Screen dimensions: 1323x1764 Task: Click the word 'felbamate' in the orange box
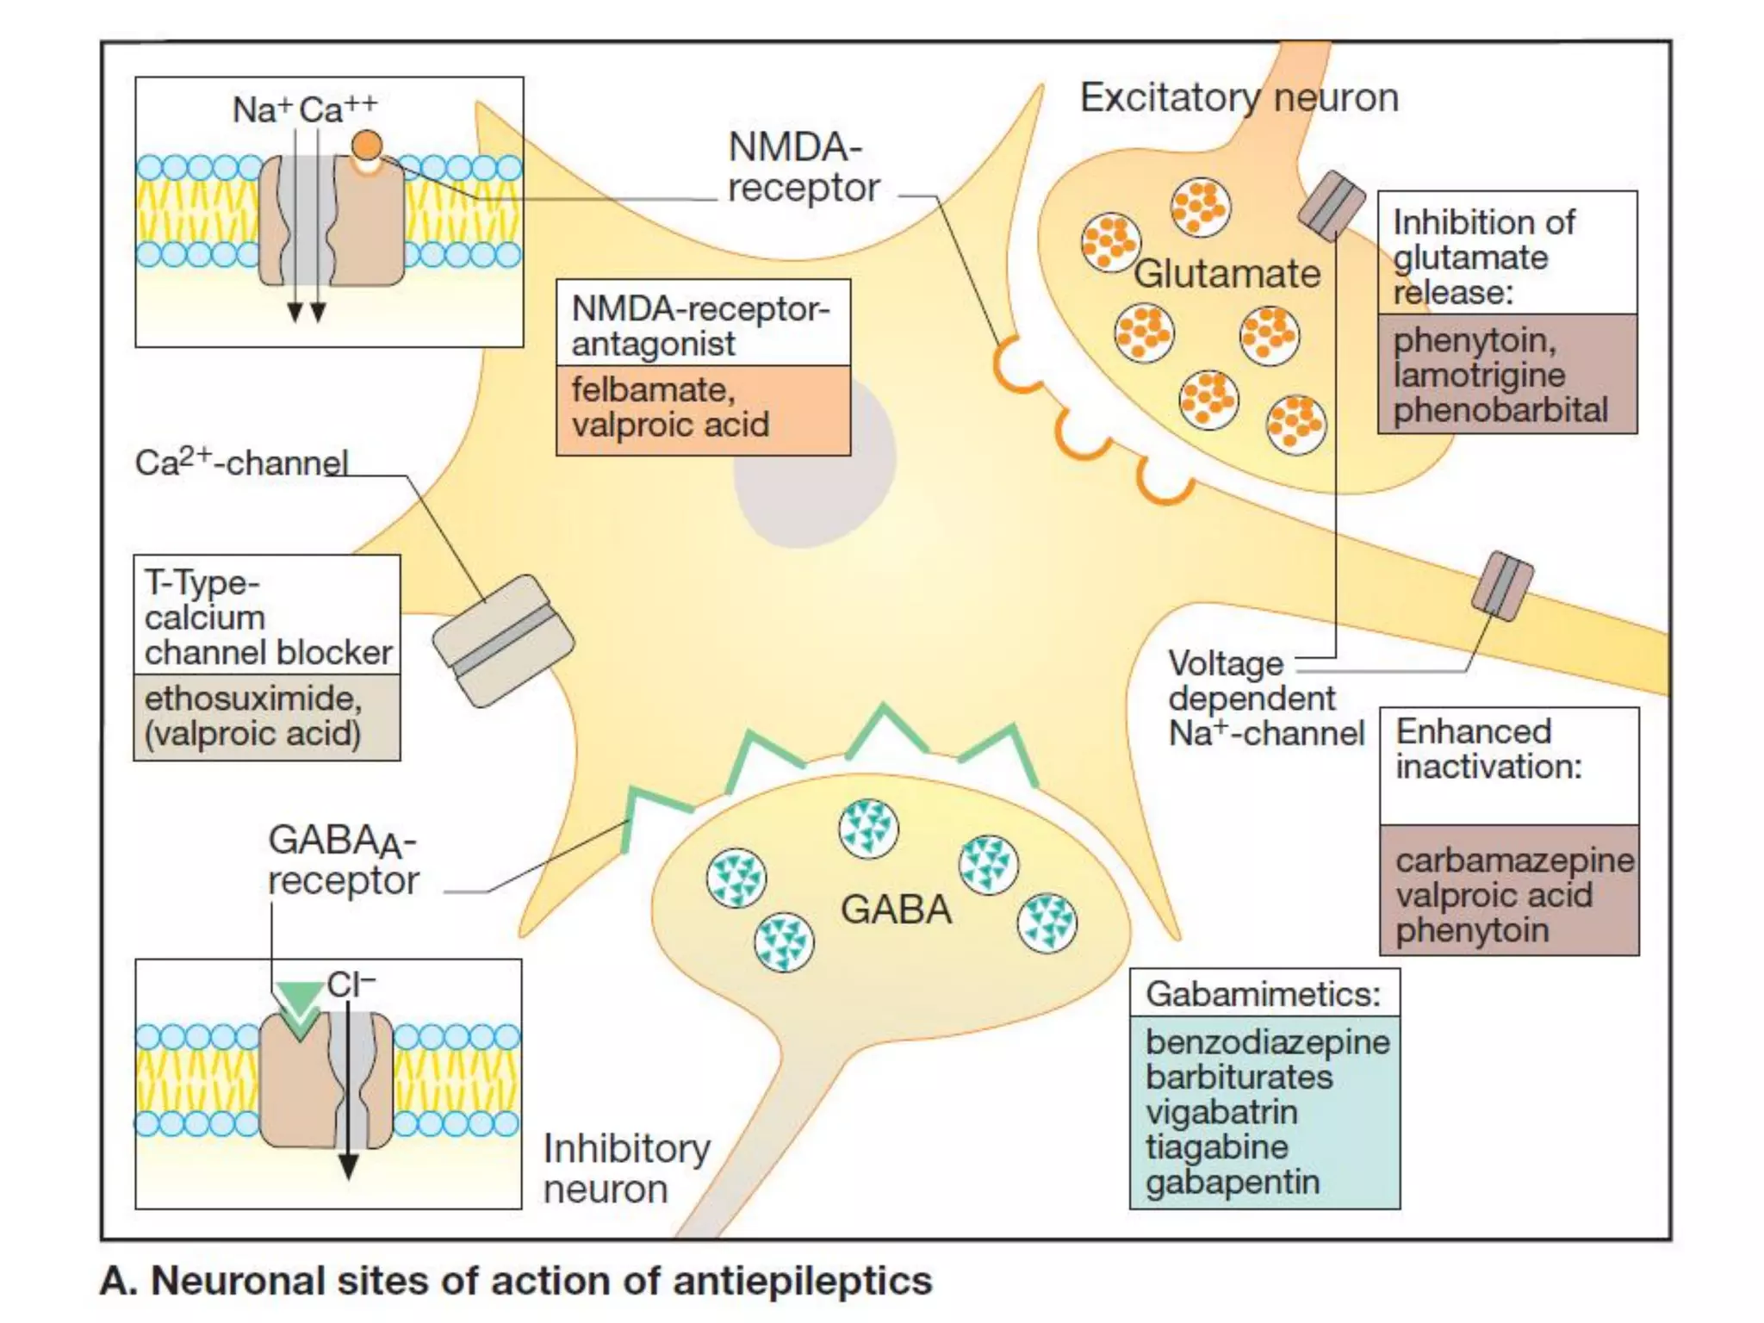click(x=652, y=390)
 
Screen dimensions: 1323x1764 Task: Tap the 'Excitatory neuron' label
click(x=1239, y=97)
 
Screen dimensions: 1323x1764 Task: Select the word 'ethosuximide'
click(x=252, y=699)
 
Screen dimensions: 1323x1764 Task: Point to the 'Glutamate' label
click(x=1227, y=274)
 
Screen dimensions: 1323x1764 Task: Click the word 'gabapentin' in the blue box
click(x=1232, y=1183)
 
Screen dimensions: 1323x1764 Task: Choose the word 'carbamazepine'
click(x=1514, y=860)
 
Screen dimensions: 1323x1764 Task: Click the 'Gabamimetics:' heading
click(x=1263, y=994)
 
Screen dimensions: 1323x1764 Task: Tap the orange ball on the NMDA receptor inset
click(x=367, y=145)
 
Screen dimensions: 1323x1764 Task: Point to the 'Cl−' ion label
click(x=351, y=984)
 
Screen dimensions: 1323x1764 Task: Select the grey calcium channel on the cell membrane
click(x=503, y=641)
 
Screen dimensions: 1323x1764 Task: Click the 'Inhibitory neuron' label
click(x=625, y=1168)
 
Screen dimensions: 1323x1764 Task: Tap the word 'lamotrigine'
click(x=1479, y=375)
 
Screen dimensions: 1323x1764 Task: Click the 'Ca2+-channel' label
click(x=241, y=463)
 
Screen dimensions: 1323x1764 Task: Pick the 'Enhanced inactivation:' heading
click(x=1488, y=748)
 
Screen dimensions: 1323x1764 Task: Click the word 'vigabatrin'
click(x=1221, y=1112)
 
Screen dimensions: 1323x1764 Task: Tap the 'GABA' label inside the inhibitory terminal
click(x=896, y=910)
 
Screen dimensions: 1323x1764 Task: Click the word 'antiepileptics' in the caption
click(x=802, y=1281)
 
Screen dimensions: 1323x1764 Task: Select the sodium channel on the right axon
click(x=1502, y=586)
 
